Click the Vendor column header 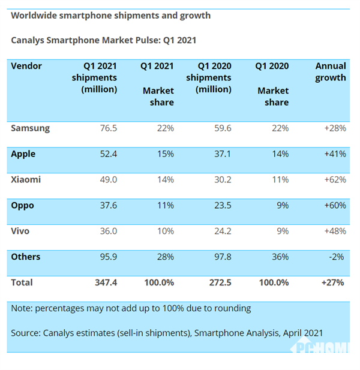[x=26, y=66]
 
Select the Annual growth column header [x=331, y=71]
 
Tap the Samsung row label [x=30, y=128]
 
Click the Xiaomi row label [x=26, y=179]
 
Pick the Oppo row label [x=23, y=205]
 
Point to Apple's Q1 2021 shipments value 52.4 [x=107, y=154]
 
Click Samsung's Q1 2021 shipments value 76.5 [x=107, y=128]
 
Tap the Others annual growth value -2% [x=337, y=257]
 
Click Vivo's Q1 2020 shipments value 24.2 [x=221, y=231]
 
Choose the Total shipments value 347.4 [x=105, y=282]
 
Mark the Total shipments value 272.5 [x=220, y=282]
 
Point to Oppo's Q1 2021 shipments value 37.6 [x=107, y=205]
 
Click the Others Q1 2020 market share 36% [x=280, y=257]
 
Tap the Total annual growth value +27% [x=333, y=282]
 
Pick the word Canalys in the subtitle [x=28, y=41]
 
